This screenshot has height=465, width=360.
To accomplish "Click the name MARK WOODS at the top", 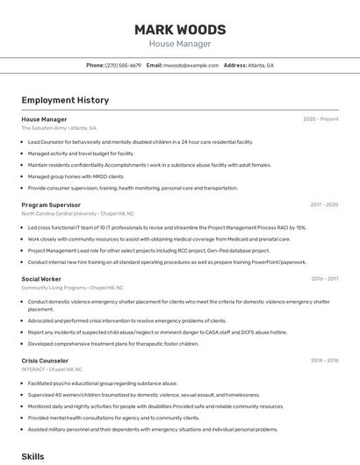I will (180, 30).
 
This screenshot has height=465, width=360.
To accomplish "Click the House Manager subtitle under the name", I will (180, 44).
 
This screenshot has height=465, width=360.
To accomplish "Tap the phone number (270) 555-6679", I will (123, 66).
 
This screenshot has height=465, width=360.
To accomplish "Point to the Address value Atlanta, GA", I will (261, 66).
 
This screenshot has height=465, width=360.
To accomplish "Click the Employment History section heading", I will (65, 100).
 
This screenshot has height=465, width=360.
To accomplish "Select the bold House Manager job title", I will (44, 118).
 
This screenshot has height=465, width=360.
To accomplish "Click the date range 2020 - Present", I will (320, 118).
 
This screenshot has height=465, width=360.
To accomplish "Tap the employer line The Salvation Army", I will (59, 128).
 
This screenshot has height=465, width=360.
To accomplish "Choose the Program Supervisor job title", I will (51, 204).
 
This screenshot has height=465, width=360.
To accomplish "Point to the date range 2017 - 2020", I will (323, 204).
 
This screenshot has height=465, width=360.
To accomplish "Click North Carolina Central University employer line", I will (77, 213).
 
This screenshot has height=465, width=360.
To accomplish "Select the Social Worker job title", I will (41, 279).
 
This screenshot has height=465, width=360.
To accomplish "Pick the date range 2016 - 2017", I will (324, 279).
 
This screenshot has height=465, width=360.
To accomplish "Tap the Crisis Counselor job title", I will (45, 361).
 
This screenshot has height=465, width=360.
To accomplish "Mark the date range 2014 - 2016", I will (324, 361).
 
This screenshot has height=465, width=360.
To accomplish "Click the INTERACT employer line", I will (58, 369).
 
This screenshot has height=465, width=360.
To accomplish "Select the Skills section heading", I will (32, 456).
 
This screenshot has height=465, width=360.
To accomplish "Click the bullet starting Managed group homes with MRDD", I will (76, 176).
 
